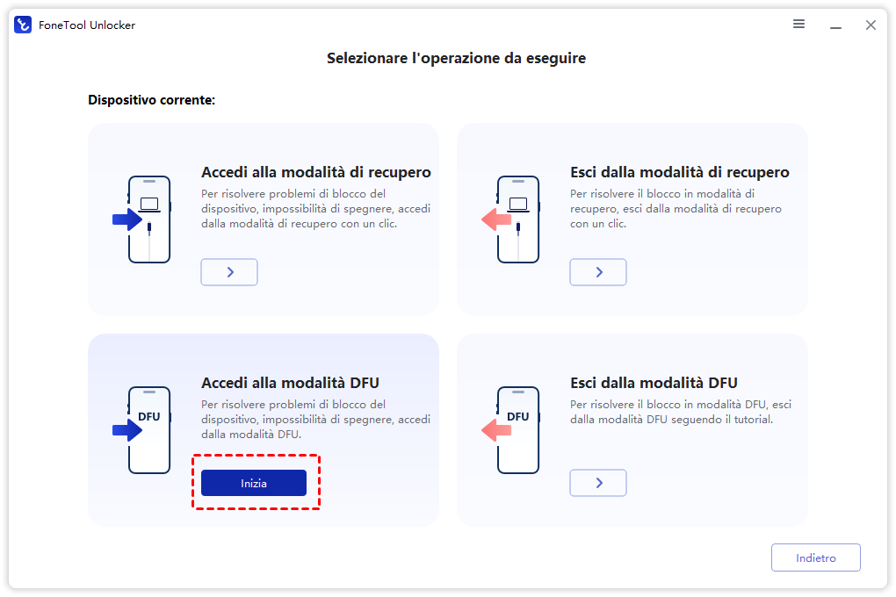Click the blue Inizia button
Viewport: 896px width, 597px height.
coord(254,483)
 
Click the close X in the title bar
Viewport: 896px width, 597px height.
coord(871,25)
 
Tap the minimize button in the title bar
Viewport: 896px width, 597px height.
coord(835,27)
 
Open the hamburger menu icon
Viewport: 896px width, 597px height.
coord(798,24)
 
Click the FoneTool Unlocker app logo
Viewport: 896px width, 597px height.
coord(23,25)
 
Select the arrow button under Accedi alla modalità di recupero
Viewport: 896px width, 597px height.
coord(229,272)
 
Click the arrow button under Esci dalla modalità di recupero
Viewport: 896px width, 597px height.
coord(598,272)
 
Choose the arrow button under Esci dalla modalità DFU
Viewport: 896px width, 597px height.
coord(598,483)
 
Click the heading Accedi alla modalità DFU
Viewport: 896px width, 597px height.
coord(290,383)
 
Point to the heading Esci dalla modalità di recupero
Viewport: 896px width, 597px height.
coord(679,172)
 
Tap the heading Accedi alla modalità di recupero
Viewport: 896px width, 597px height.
coord(316,172)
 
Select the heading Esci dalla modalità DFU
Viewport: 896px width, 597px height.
coord(654,383)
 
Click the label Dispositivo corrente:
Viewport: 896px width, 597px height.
coord(151,100)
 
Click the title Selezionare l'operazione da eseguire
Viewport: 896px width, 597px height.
coord(456,58)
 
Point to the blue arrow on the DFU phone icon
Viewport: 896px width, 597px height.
coord(126,430)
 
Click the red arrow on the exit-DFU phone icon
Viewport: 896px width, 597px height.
coord(496,430)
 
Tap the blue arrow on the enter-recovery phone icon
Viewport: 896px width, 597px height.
coord(126,219)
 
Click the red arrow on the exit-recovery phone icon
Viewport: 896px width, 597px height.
coord(496,219)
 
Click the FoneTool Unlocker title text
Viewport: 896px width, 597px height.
coord(87,25)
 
